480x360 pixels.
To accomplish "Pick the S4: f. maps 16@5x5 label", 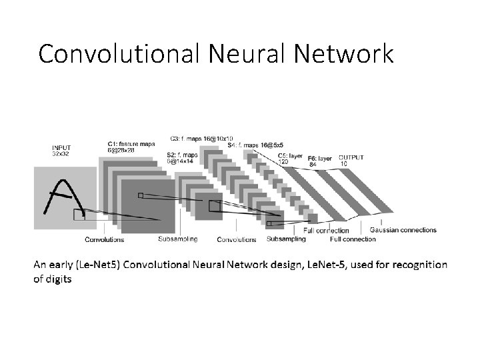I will [x=255, y=145].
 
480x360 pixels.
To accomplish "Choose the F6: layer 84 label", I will [x=320, y=161].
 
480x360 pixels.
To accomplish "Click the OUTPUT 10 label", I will [x=351, y=160].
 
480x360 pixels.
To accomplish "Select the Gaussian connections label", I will [x=403, y=230].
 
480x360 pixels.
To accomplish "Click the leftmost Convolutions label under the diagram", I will [x=104, y=239].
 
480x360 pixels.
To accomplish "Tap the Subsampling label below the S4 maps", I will [x=286, y=238].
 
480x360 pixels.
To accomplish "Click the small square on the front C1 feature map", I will [x=140, y=195].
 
